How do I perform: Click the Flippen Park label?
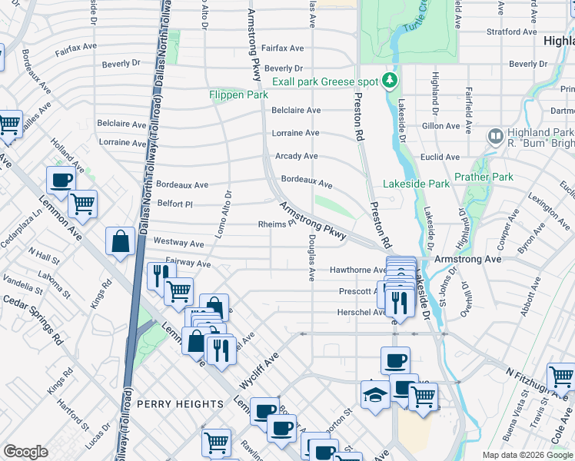click(x=238, y=95)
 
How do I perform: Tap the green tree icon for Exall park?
click(x=391, y=81)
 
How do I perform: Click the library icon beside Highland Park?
click(x=496, y=137)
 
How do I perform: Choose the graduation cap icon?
click(x=374, y=395)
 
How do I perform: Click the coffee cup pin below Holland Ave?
click(x=61, y=181)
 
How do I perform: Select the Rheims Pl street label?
click(x=277, y=225)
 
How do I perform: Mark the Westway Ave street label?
click(x=178, y=243)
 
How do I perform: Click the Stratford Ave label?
click(x=512, y=32)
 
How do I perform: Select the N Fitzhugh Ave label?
click(x=531, y=381)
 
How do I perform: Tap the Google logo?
click(x=26, y=452)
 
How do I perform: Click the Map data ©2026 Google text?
click(x=527, y=455)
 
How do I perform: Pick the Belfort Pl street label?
click(x=174, y=204)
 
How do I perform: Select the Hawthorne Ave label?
click(x=357, y=270)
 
